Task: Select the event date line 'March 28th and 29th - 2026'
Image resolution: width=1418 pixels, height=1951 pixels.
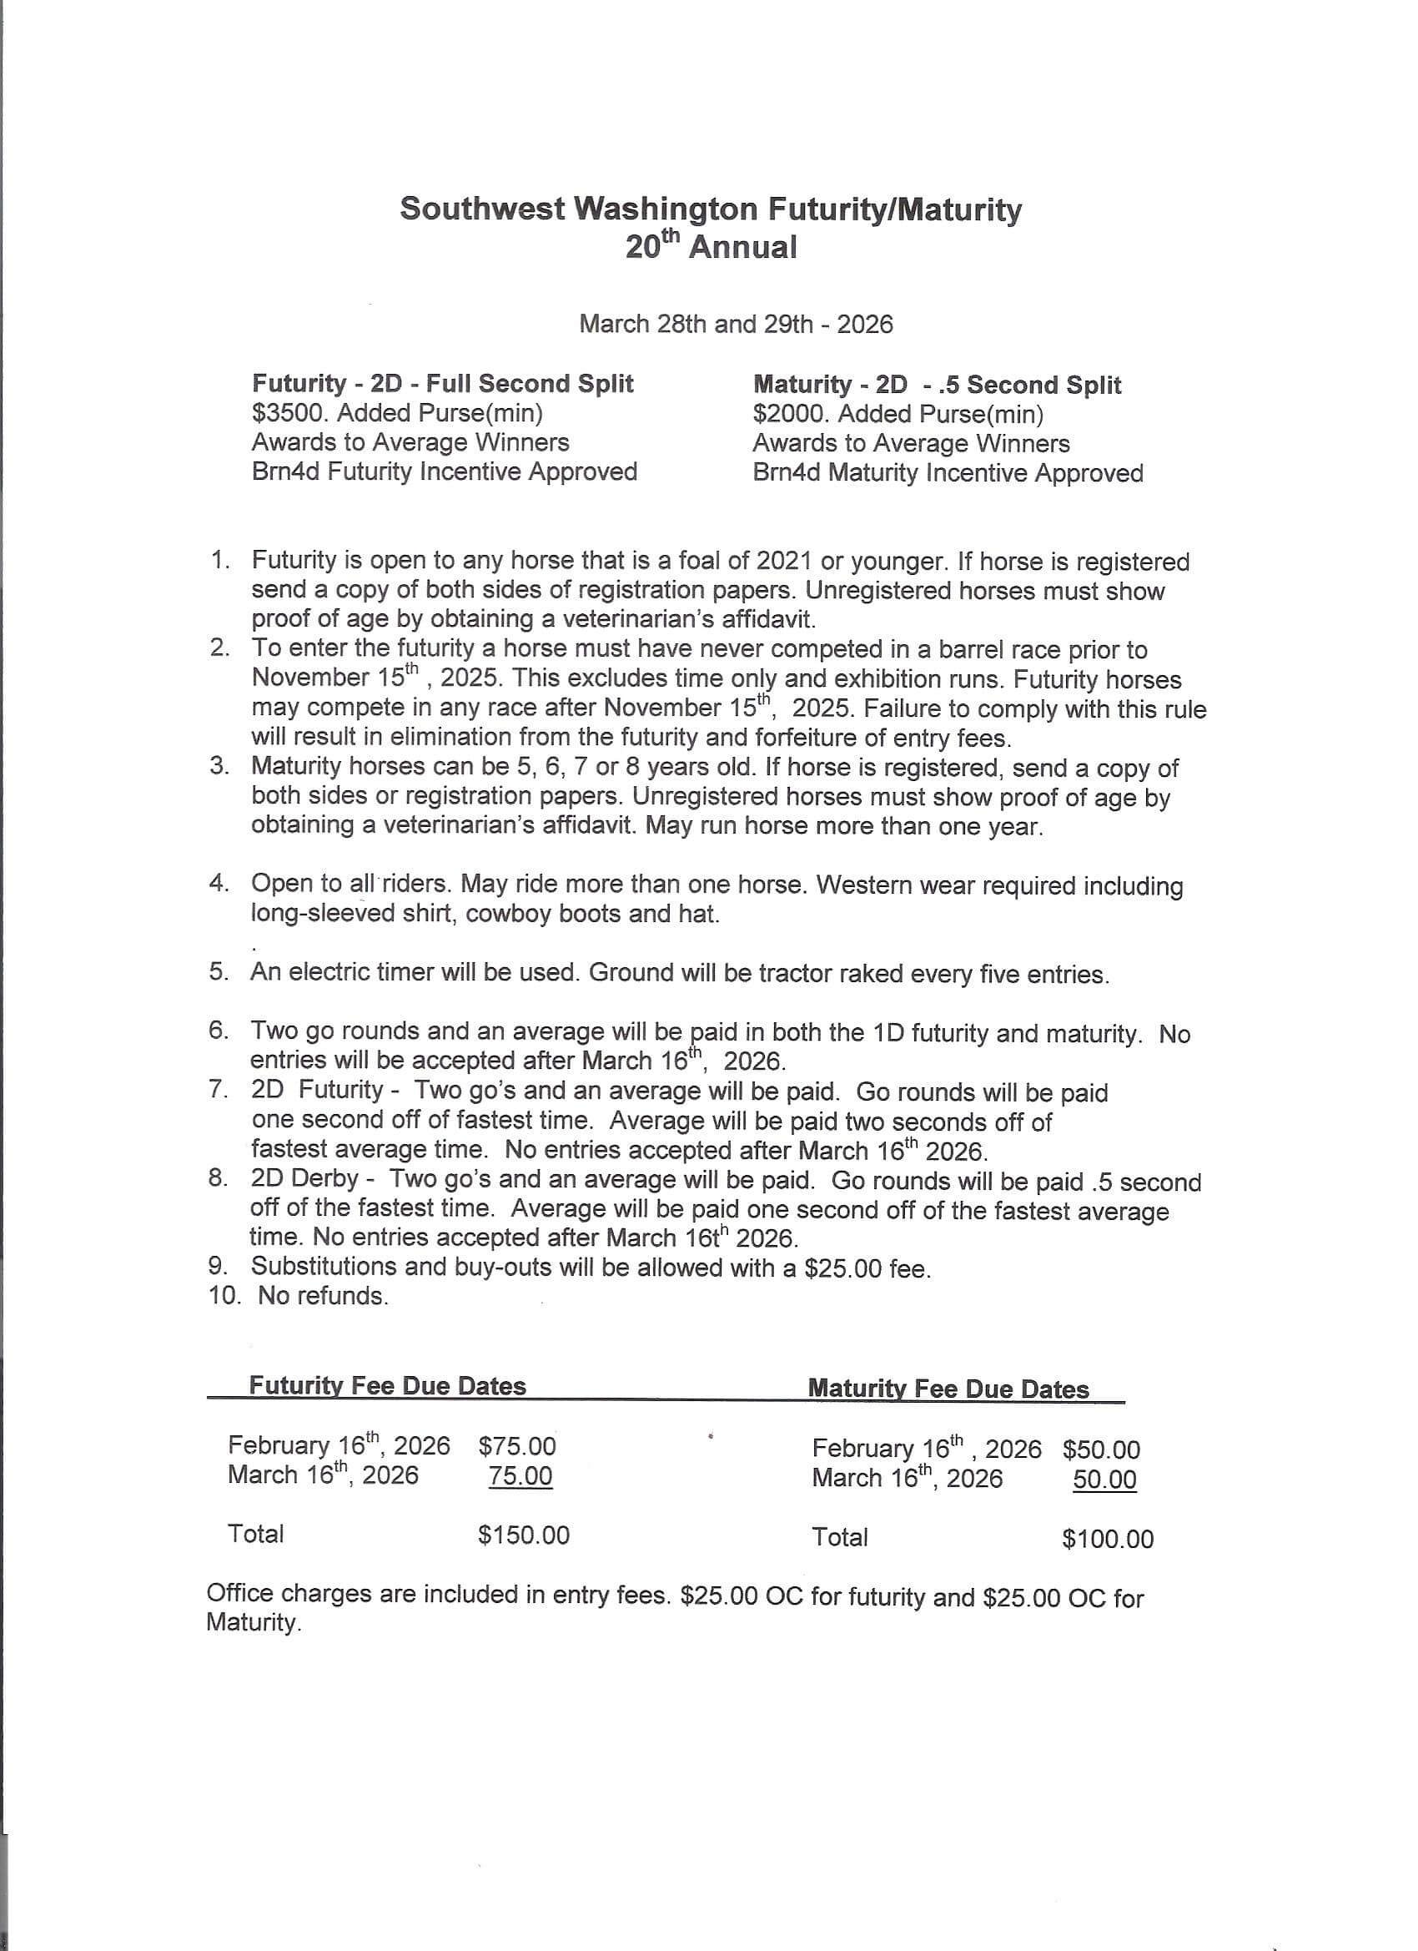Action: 735,325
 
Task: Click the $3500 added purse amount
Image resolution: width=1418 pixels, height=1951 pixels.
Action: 289,414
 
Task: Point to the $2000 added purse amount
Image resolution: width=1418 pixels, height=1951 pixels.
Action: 790,415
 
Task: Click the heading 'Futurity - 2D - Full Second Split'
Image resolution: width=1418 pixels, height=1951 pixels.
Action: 442,384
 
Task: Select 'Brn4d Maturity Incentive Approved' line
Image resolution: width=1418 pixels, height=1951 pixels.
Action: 947,473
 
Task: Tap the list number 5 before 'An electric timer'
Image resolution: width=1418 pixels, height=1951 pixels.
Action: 218,972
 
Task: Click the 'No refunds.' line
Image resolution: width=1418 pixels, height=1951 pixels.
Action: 323,1297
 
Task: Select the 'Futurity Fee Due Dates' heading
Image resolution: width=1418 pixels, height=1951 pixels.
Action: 387,1386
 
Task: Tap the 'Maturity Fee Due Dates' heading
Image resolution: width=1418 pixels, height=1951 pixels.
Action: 948,1389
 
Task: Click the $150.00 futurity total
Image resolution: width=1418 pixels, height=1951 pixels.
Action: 523,1535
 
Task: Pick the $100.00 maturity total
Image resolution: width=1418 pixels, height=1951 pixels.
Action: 1107,1539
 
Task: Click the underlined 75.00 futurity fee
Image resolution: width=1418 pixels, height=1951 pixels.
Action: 520,1476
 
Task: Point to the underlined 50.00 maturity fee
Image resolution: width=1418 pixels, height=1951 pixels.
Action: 1104,1480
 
